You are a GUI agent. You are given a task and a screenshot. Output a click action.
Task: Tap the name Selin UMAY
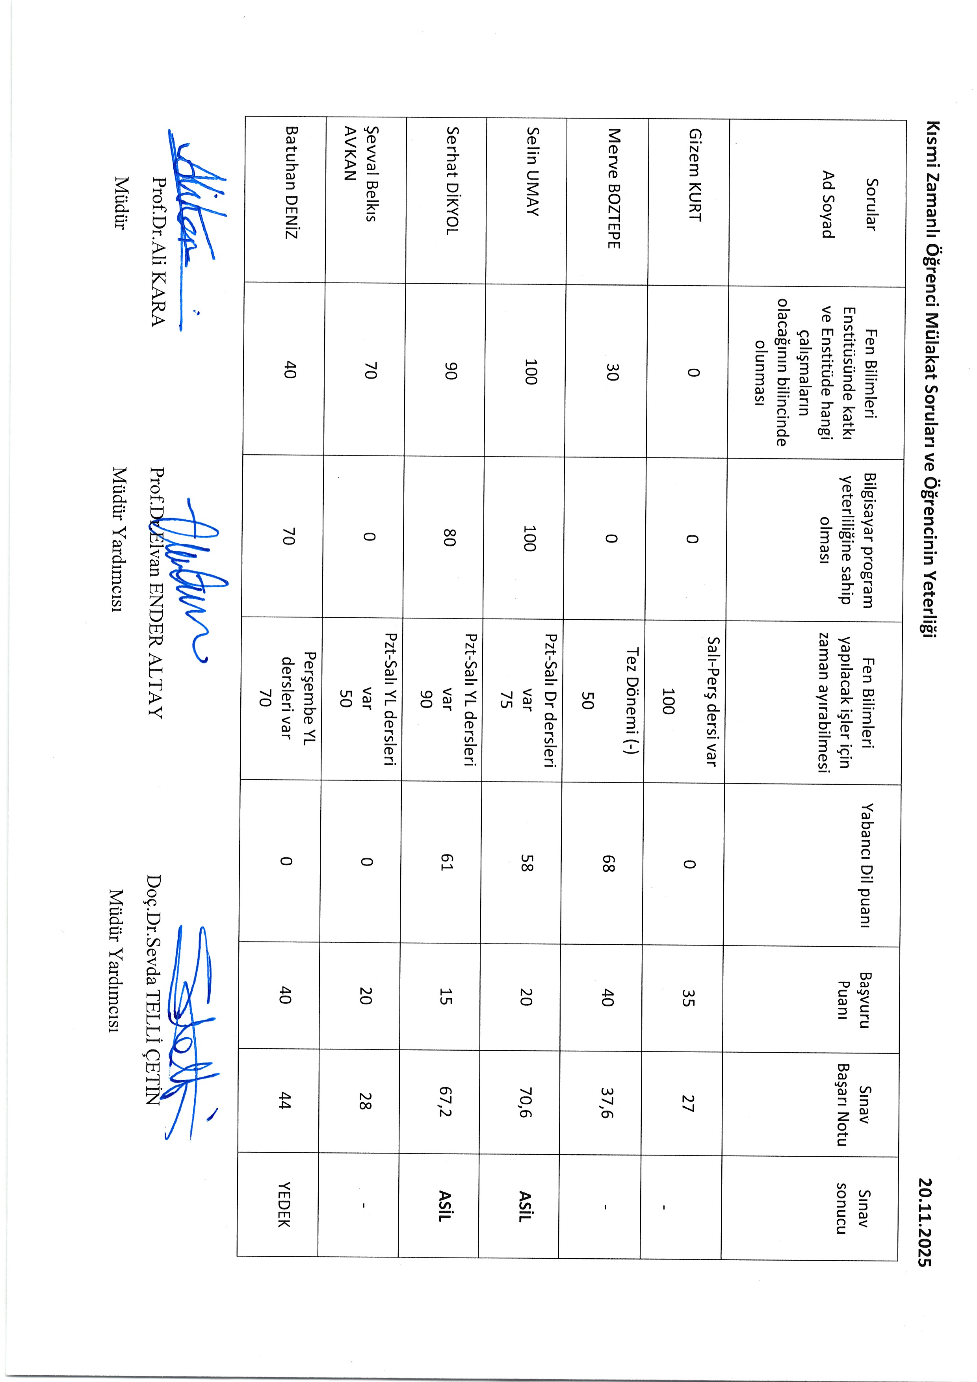coord(533,171)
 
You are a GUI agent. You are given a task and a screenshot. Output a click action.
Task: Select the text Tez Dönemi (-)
coord(632,700)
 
